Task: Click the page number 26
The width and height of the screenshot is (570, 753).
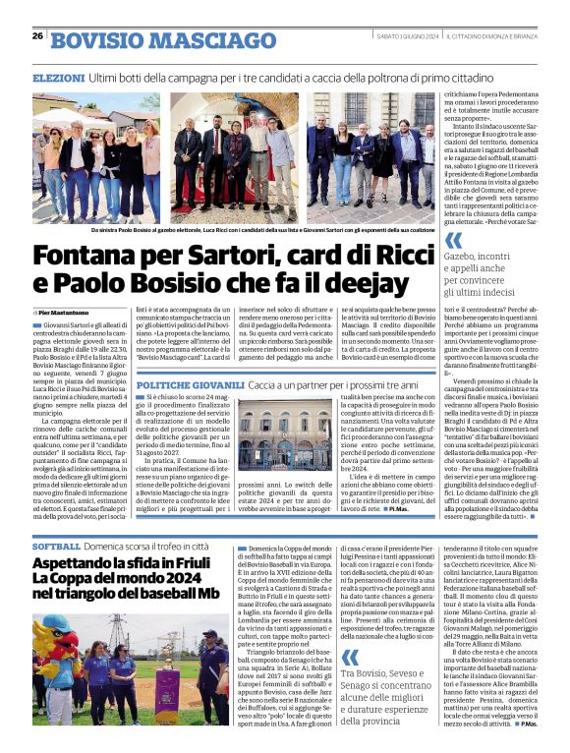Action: [37, 36]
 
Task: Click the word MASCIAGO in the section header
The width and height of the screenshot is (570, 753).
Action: [195, 40]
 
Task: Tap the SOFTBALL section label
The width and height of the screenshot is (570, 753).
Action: [56, 546]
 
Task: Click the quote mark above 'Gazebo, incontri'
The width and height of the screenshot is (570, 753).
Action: [453, 239]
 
